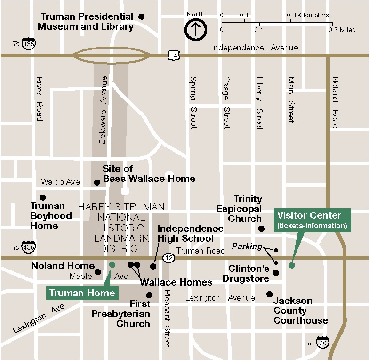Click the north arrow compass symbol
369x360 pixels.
[x=195, y=30]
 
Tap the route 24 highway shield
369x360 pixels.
[x=174, y=56]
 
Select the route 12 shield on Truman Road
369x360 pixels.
[x=169, y=258]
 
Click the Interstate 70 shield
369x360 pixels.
[x=322, y=343]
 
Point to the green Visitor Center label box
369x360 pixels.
[x=312, y=220]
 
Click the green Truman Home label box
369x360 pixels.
[x=82, y=293]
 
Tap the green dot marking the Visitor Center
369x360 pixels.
[x=292, y=265]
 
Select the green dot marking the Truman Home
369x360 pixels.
[x=112, y=265]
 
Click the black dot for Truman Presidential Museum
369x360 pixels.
[x=141, y=16]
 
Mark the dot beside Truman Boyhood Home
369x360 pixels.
[x=43, y=197]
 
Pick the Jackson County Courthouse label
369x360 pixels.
[x=300, y=311]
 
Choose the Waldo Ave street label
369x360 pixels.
[x=60, y=182]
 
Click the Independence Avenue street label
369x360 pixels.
[x=255, y=48]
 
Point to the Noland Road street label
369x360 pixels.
[x=335, y=102]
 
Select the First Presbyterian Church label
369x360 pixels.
[x=121, y=314]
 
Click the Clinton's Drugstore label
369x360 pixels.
[x=249, y=273]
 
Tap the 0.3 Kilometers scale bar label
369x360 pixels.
[x=308, y=15]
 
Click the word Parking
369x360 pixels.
[x=247, y=246]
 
